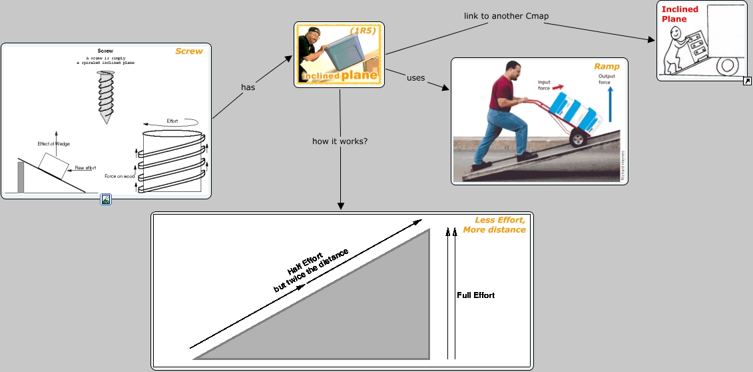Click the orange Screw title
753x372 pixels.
(189, 51)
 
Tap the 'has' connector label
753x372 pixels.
(248, 87)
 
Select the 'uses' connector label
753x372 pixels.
(415, 78)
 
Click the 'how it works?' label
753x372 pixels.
(340, 141)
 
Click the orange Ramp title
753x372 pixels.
(607, 67)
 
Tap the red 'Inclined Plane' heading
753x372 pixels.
(680, 14)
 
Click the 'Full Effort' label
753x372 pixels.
(475, 295)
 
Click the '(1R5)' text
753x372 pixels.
(363, 31)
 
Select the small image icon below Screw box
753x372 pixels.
(106, 199)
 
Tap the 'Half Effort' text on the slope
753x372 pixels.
(306, 263)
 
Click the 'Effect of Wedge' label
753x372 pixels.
(54, 144)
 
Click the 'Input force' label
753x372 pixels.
(544, 85)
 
